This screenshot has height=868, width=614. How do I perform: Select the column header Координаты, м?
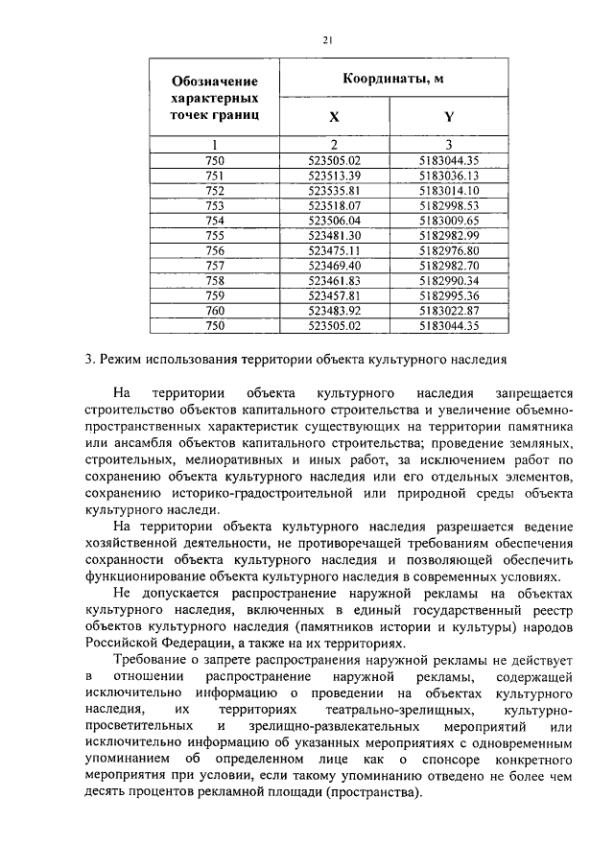[391, 80]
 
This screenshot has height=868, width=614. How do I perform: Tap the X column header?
[334, 118]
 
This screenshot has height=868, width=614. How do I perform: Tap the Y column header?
[448, 118]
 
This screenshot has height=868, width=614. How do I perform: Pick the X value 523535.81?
[334, 190]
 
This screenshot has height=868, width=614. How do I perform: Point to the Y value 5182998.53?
[449, 204]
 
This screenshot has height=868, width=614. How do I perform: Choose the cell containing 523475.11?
[334, 249]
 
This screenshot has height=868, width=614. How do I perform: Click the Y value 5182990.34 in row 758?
[449, 279]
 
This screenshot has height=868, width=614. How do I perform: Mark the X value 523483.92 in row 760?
[334, 310]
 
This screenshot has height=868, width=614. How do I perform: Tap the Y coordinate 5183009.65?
[449, 220]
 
